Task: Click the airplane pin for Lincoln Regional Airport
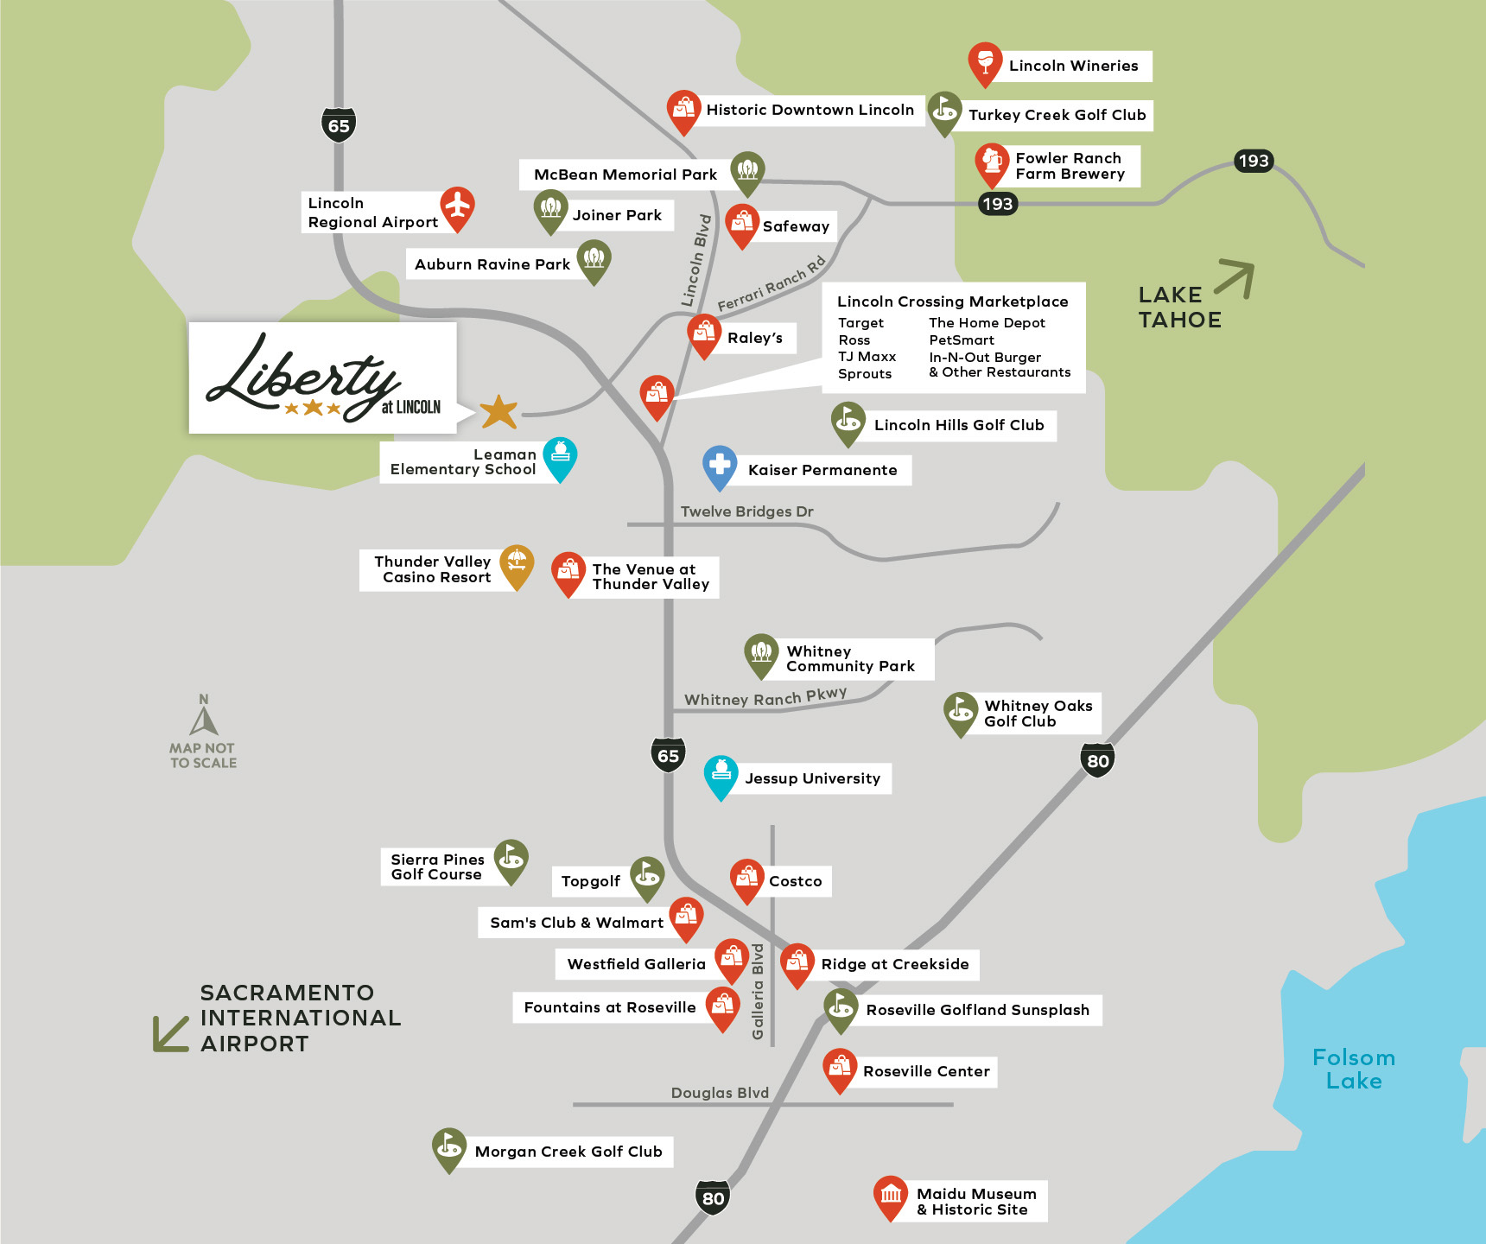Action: [x=457, y=207]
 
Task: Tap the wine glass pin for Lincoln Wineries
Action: [x=985, y=62]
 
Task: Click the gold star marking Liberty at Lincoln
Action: [x=499, y=412]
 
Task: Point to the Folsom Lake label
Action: [x=1353, y=1069]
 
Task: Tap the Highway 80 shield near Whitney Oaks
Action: [x=1097, y=760]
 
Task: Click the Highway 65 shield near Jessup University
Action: [x=668, y=755]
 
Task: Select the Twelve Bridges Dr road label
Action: [x=746, y=511]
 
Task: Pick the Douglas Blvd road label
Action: [x=720, y=1093]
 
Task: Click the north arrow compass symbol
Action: [x=204, y=716]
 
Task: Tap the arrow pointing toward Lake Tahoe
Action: [x=1235, y=279]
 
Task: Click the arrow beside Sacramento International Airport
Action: [x=171, y=1033]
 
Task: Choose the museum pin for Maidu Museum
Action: [x=890, y=1196]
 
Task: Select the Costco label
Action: [x=795, y=881]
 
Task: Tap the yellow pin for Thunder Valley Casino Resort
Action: [x=517, y=564]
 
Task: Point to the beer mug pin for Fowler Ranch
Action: [x=992, y=162]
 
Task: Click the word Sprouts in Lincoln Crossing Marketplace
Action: [x=864, y=374]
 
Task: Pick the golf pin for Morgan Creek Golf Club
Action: [x=449, y=1147]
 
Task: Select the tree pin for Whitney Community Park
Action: [x=761, y=654]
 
